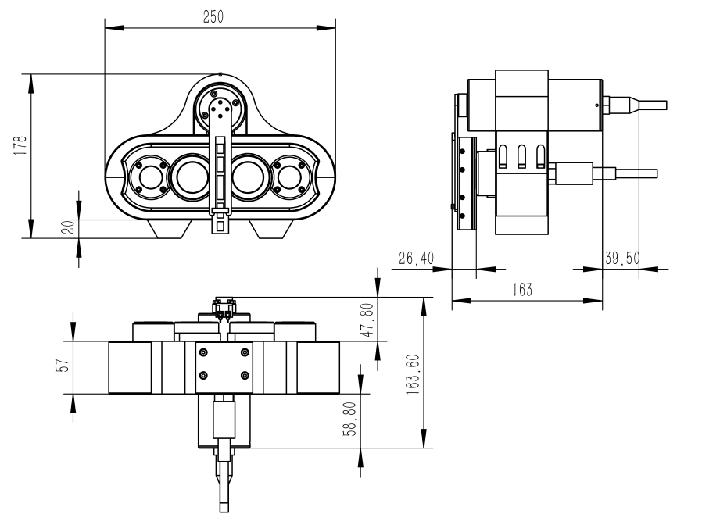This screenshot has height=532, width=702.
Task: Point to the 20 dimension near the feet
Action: (x=68, y=227)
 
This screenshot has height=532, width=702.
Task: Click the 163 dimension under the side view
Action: (x=522, y=290)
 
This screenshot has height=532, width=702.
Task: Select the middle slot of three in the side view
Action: (x=521, y=156)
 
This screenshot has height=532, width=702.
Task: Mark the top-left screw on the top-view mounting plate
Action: (x=203, y=352)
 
